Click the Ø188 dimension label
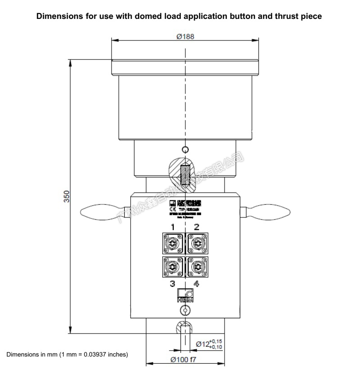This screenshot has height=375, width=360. pos(185,36)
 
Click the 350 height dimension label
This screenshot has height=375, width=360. pos(66,197)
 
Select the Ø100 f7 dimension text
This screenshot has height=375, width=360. pos(185,360)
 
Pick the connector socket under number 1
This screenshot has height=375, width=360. pos(173,244)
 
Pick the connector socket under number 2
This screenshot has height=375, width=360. pos(197,244)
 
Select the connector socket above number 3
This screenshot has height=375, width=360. pos(173,267)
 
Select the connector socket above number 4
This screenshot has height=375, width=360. pos(197,267)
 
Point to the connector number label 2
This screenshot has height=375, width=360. pos(197,227)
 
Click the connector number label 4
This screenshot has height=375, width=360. pos(197,284)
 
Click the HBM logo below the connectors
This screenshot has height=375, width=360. pos(185,295)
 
